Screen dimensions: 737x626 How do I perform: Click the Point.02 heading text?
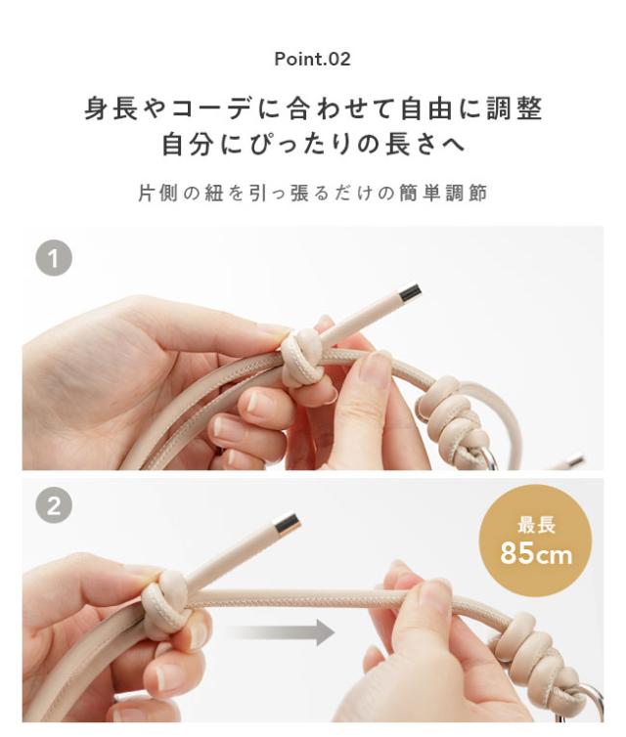[x=312, y=59]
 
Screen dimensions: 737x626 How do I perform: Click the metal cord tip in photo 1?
[x=410, y=291]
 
